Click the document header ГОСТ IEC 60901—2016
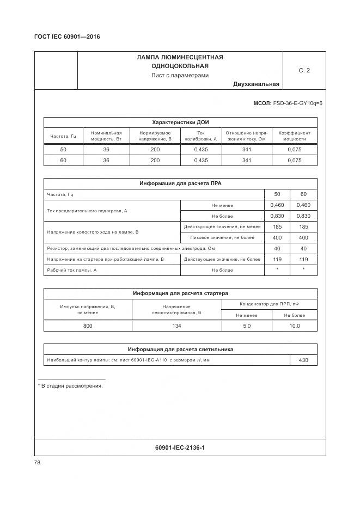68,37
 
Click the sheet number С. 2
304,71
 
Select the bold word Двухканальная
256,84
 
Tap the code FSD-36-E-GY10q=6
297,103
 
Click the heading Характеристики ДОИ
180,122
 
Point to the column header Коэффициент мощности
295,136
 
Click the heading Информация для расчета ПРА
180,183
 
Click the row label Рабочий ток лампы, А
71,270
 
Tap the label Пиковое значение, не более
222,237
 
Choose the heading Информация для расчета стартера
180,293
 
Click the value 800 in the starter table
88,326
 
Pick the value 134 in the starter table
176,326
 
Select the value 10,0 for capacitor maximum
294,326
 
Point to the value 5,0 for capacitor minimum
246,326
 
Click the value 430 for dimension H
303,360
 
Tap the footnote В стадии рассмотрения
71,385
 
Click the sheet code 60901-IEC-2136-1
180,447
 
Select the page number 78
37,462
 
